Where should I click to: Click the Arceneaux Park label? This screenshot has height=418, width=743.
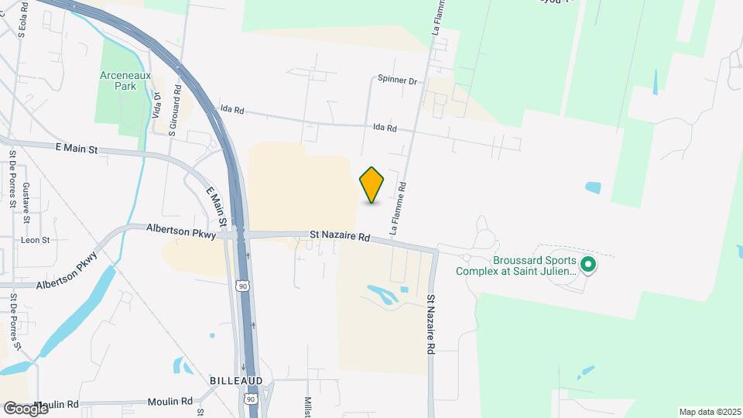(125, 81)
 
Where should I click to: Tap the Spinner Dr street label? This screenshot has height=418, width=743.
(397, 81)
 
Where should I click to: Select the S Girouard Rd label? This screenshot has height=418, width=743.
(178, 110)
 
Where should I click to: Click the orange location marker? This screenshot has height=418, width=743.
(372, 184)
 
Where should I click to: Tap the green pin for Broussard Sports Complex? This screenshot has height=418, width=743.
(588, 266)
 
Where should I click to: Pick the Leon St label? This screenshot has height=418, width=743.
(35, 240)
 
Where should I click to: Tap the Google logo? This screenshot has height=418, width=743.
(25, 408)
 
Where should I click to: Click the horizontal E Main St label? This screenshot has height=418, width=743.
(77, 148)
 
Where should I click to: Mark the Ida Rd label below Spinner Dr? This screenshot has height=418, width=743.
(385, 128)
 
